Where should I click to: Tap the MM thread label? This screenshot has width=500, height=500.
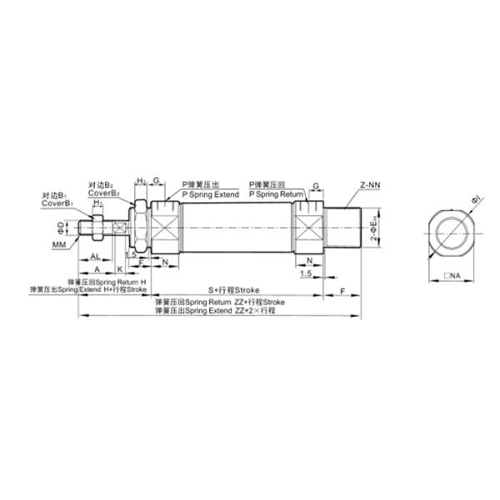coord(59,245)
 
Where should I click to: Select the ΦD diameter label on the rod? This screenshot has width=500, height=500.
coord(60,227)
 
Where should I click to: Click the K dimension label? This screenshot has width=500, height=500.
coord(120,270)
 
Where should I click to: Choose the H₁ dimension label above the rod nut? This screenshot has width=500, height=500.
coord(98,202)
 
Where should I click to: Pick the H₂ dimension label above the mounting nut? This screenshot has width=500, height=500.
coord(142,181)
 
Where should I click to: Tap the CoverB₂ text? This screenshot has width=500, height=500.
coord(104,193)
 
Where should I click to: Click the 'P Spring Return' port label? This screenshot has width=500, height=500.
coord(277,193)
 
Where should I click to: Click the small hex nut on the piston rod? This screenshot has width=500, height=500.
coord(97,226)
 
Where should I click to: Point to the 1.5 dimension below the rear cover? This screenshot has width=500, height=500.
coord(307,273)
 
